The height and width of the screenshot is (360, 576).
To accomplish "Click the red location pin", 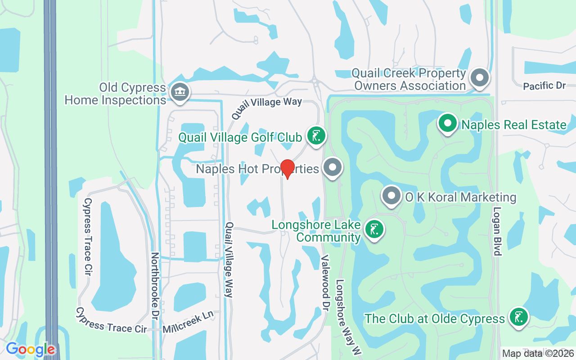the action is tap(287, 169).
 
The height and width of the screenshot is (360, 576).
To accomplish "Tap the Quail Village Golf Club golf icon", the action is tap(316, 136).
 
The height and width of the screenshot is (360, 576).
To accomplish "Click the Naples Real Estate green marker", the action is tap(448, 124).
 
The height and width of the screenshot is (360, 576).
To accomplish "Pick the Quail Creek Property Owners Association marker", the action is tap(480, 78).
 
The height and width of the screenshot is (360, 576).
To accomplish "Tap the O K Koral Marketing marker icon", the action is tap(391, 196).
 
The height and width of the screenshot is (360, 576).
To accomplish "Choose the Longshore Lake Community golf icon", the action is tap(374, 229).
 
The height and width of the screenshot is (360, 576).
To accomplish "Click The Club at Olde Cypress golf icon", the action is tap(518, 317).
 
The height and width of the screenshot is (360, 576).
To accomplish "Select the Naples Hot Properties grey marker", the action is tap(333, 168).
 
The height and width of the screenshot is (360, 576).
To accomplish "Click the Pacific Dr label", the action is tap(544, 85).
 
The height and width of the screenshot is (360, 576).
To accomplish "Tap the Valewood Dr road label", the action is tap(325, 279).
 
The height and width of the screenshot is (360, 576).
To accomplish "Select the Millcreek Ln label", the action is tap(188, 322).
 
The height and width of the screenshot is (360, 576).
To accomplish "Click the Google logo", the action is tap(30, 349).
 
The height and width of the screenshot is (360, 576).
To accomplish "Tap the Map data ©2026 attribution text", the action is tap(538, 354).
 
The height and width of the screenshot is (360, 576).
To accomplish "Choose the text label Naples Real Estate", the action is tap(514, 125).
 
